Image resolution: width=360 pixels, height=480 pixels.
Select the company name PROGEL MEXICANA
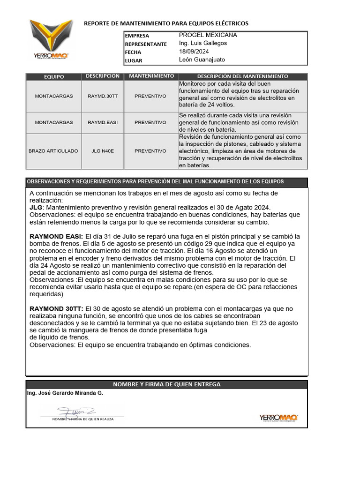click(208, 35)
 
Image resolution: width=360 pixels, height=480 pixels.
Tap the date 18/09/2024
click(194, 52)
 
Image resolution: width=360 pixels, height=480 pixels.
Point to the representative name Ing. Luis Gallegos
click(203, 43)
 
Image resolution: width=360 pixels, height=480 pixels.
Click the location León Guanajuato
click(202, 60)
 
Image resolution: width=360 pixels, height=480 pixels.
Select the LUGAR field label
click(134, 60)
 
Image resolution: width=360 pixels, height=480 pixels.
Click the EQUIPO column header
click(54, 76)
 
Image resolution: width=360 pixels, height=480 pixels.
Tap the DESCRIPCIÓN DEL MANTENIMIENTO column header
click(242, 76)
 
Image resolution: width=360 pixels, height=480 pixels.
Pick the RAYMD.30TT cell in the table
click(102, 96)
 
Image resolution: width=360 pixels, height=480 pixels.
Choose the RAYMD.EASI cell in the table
click(102, 122)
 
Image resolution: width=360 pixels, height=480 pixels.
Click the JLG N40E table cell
click(102, 151)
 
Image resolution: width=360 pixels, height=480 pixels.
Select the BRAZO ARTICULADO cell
click(53, 151)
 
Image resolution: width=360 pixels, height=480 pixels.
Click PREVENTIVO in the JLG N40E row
click(150, 151)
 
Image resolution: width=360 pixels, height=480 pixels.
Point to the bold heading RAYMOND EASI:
click(56, 236)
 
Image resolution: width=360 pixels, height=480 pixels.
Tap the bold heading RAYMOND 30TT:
click(56, 308)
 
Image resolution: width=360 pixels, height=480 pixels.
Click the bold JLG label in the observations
click(36, 207)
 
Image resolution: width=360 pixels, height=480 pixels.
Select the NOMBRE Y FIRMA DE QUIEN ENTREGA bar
click(166, 384)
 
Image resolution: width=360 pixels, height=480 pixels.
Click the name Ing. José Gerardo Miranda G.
click(65, 393)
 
